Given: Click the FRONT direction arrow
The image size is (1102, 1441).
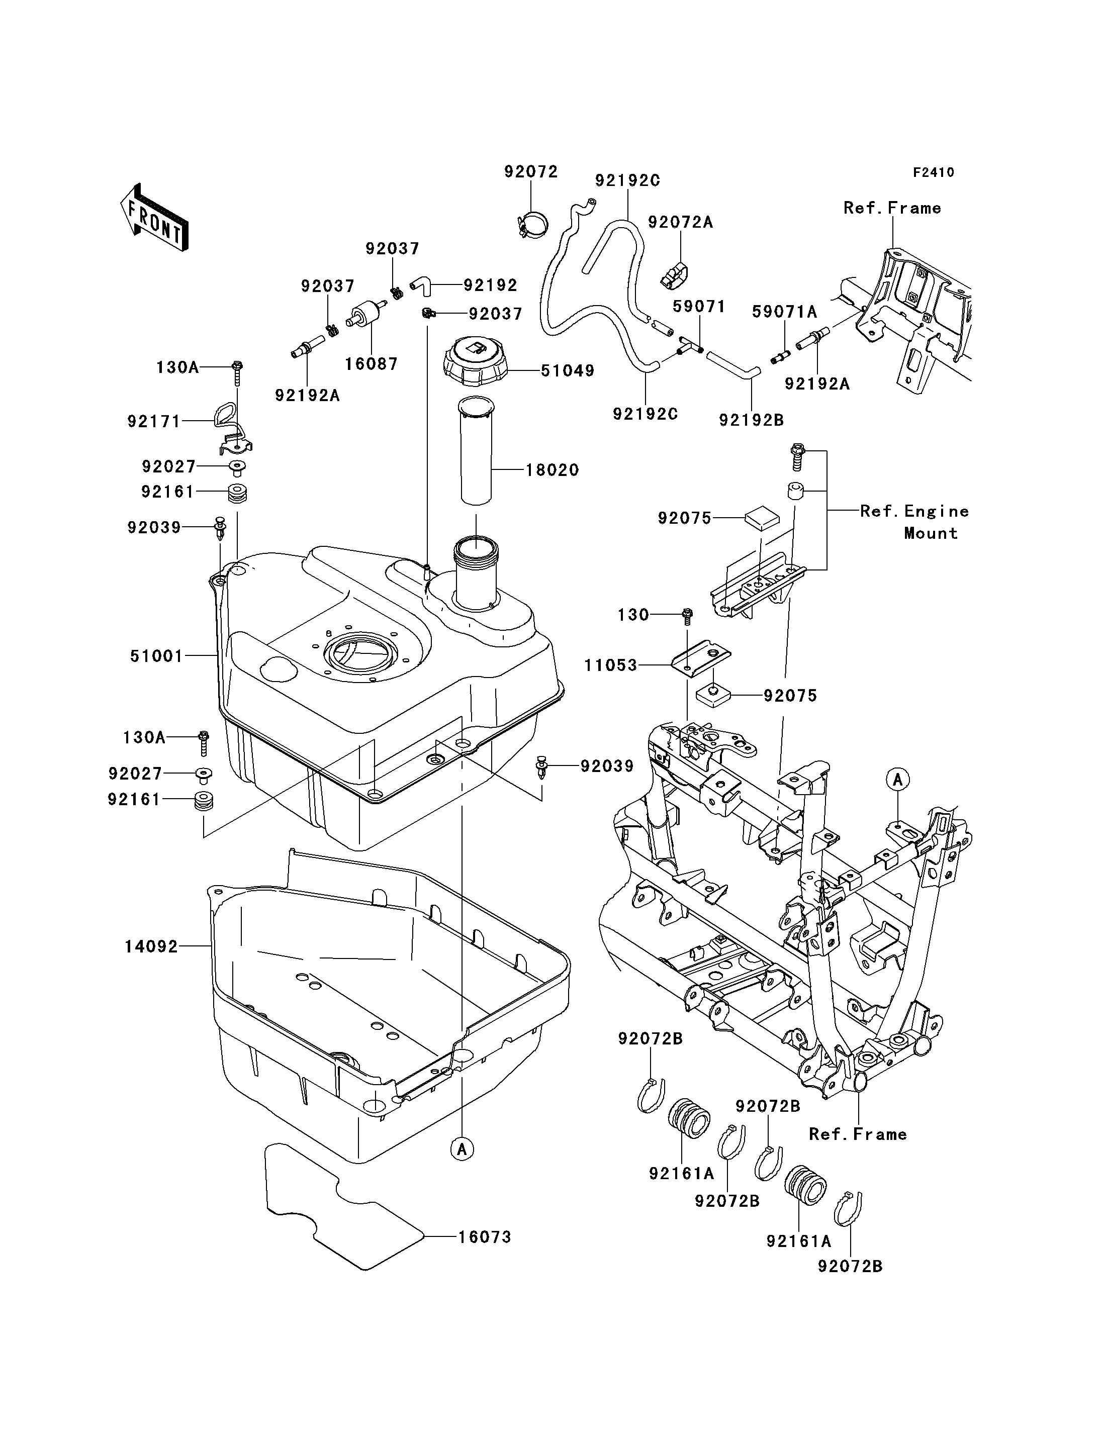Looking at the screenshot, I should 155,217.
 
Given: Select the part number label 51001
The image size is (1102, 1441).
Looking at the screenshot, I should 156,655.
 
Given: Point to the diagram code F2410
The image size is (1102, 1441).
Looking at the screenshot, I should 934,172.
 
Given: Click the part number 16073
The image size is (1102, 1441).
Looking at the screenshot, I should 485,1236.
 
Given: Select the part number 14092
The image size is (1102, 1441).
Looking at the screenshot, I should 151,946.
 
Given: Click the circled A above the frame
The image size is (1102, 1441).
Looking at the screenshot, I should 898,779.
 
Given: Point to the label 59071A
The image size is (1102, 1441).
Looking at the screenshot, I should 784,312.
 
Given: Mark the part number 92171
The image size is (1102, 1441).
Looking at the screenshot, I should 153,421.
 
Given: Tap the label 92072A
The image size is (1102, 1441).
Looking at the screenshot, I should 680,222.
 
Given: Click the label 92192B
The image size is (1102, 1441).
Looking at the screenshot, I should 752,420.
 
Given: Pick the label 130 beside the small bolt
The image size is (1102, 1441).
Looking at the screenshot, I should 633,615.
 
